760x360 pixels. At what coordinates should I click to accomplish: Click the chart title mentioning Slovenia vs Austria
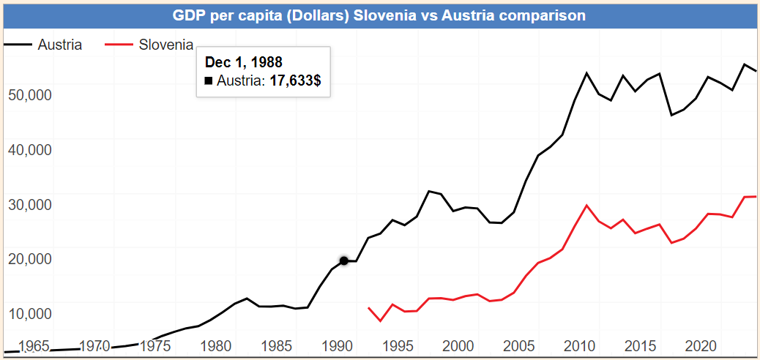tap(379, 15)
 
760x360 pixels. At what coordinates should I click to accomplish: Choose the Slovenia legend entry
tap(166, 45)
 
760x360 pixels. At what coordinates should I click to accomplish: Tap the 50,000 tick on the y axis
tap(29, 95)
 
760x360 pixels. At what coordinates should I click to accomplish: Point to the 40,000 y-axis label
tap(29, 149)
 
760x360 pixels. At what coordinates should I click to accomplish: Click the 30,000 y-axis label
tap(29, 204)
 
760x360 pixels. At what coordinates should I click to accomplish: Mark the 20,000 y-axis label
tap(29, 258)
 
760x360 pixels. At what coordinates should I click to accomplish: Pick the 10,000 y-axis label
tap(29, 313)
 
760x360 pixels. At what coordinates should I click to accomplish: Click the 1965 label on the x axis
tap(35, 345)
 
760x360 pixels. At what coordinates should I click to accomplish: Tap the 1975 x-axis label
tap(156, 345)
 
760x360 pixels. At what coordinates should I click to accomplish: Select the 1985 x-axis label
tap(277, 345)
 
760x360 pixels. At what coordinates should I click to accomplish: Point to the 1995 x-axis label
tap(398, 345)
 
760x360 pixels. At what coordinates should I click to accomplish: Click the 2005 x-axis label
tap(519, 345)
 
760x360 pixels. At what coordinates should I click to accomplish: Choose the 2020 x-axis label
tap(701, 345)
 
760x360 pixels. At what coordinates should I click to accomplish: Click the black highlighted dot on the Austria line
tap(343, 260)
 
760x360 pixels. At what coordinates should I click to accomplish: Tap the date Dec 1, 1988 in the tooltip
tap(243, 62)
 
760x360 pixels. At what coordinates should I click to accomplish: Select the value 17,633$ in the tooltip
tap(295, 80)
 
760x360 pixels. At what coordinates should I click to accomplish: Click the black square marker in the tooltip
tap(209, 81)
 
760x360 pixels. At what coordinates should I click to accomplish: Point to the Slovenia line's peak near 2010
tap(586, 205)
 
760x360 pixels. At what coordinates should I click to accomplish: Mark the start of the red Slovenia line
tap(368, 308)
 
